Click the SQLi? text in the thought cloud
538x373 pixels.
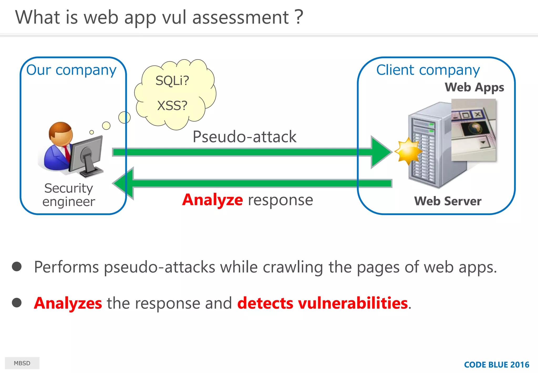(x=172, y=80)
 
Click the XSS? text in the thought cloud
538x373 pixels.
(x=172, y=106)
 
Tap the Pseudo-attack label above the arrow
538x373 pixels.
(x=244, y=137)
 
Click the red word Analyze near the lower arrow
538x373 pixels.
(x=213, y=200)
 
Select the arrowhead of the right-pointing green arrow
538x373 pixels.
(x=381, y=152)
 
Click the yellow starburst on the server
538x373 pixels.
(x=408, y=152)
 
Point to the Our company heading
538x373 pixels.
(x=71, y=70)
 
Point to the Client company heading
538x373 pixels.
(x=428, y=70)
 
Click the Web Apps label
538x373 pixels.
(x=474, y=87)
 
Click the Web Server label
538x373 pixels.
(x=448, y=201)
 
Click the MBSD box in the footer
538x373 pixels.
(x=22, y=363)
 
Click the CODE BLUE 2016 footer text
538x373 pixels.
(x=496, y=365)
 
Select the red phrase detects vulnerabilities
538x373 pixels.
(x=322, y=303)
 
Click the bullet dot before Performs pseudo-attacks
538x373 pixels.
(x=17, y=266)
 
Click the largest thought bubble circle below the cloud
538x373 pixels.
(x=124, y=117)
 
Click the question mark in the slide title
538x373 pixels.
(x=299, y=17)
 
